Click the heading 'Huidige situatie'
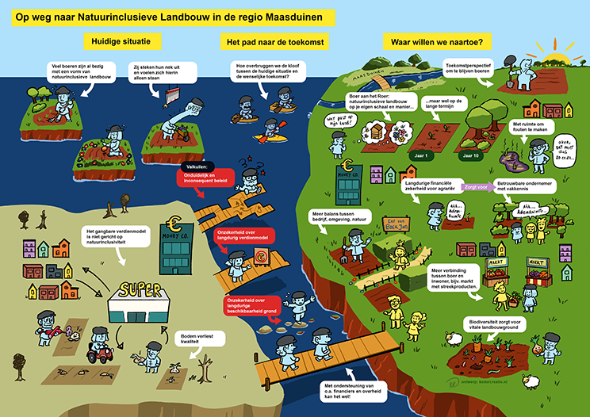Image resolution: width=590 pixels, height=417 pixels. [x=121, y=40]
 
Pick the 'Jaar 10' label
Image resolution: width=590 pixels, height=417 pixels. [x=472, y=156]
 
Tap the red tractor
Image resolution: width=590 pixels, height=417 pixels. [x=102, y=350]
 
